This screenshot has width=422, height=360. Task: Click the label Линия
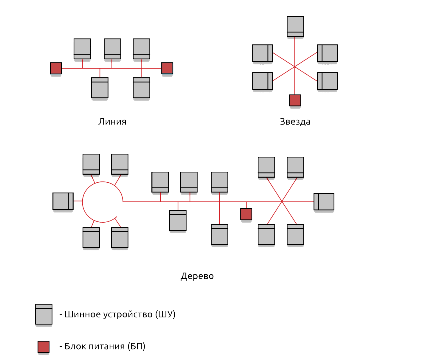click(112, 122)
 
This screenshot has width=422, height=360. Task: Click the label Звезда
click(295, 122)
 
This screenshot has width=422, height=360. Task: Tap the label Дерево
click(197, 276)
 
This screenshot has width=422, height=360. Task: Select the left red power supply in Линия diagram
click(56, 68)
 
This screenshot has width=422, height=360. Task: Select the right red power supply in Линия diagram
click(167, 68)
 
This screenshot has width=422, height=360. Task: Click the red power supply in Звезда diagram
click(295, 100)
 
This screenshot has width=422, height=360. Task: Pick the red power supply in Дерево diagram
click(246, 214)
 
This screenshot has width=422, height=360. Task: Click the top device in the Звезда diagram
click(295, 26)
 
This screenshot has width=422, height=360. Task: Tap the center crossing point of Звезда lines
click(295, 67)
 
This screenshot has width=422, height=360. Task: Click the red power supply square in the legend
click(44, 347)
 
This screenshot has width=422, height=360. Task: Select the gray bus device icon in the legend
click(44, 314)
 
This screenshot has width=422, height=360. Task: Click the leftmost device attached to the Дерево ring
click(63, 201)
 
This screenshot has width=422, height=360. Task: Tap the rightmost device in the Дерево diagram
click(324, 202)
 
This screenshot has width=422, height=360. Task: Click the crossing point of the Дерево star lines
click(282, 202)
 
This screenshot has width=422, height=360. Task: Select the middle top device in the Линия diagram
click(112, 49)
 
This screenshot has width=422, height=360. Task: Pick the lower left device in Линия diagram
click(100, 88)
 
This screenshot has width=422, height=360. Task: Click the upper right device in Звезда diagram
click(328, 53)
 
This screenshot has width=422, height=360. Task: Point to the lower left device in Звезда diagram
click(263, 81)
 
